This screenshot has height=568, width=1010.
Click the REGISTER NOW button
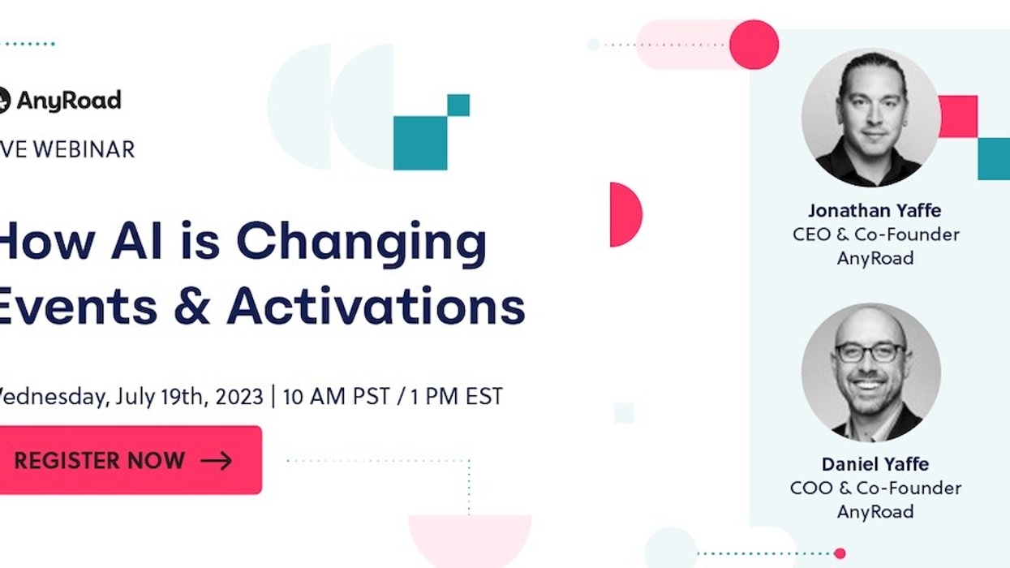(x=130, y=460)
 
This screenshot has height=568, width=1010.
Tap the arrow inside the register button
(x=216, y=461)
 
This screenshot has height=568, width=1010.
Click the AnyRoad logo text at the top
(x=68, y=101)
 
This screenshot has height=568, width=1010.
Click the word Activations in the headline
(x=376, y=308)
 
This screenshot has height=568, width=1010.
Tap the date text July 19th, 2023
(x=189, y=397)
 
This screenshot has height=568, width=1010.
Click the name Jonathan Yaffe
(x=875, y=211)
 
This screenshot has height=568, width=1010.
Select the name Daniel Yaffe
(x=875, y=464)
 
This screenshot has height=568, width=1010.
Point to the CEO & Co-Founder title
(x=875, y=235)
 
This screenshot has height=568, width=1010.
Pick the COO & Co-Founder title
(x=875, y=488)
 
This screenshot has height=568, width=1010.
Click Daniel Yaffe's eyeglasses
(x=870, y=352)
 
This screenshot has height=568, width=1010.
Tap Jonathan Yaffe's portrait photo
(x=871, y=118)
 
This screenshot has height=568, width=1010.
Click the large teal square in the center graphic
(x=420, y=143)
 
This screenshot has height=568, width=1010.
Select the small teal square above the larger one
(x=458, y=105)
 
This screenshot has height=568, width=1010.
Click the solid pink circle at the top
(x=754, y=44)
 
